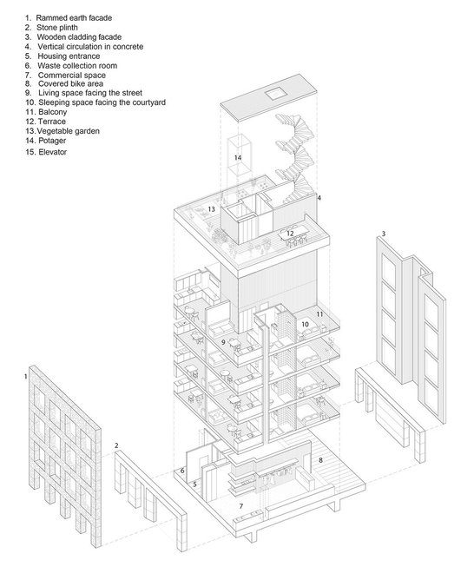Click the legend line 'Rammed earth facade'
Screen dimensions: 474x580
coord(69,17)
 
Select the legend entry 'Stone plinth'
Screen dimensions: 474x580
coord(51,28)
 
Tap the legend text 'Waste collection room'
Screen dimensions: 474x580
coord(71,66)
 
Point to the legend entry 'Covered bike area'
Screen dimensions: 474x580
coord(64,84)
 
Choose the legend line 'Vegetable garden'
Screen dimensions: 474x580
coord(63,131)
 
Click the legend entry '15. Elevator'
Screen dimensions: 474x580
coord(46,152)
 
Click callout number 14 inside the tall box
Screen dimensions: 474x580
coord(238,157)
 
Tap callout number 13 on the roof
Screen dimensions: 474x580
coord(211,209)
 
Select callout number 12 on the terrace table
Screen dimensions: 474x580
coord(290,234)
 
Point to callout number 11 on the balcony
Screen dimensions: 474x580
coord(319,314)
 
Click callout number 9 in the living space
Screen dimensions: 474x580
coord(223,342)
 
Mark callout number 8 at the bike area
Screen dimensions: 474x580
coord(320,460)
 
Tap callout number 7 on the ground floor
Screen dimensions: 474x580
coord(241,506)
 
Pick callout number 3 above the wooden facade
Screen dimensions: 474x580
coord(384,234)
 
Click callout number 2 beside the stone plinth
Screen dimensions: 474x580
coord(116,445)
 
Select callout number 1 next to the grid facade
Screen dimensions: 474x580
coord(25,377)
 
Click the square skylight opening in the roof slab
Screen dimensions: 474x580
coord(275,93)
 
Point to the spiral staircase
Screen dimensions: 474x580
coord(294,159)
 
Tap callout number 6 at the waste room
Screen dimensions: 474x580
coord(182,471)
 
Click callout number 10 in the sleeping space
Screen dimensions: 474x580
coord(305,324)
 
